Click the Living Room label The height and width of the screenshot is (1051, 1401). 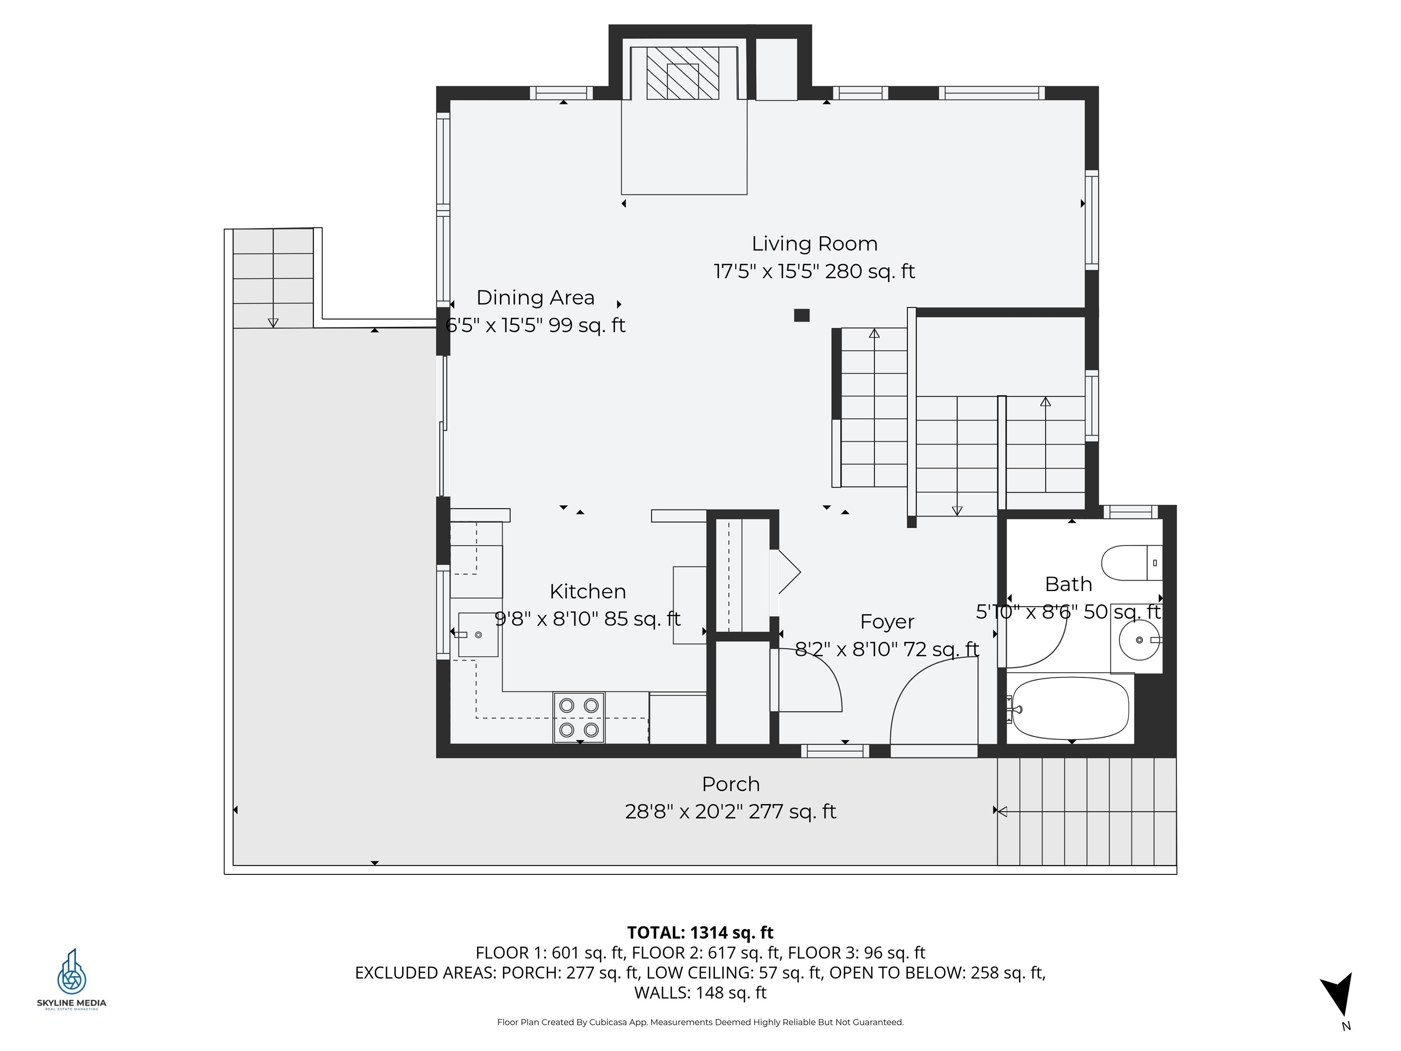point(814,244)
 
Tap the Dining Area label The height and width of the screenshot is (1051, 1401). point(535,298)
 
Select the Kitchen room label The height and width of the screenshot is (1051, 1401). point(588,591)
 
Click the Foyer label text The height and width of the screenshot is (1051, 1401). point(887,621)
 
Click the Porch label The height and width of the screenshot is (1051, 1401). point(730,784)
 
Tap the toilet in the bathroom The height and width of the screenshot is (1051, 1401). point(1131,562)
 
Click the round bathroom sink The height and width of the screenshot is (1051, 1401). point(1139,640)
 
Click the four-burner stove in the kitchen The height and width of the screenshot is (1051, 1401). point(579,717)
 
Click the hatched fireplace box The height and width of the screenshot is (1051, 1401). point(682,73)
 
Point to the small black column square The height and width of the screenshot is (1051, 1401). point(801,315)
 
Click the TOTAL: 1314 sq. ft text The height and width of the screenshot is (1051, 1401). point(700,932)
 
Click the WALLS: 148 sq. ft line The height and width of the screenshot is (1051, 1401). point(700,992)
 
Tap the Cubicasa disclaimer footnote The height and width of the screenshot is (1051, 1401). point(700,1022)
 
